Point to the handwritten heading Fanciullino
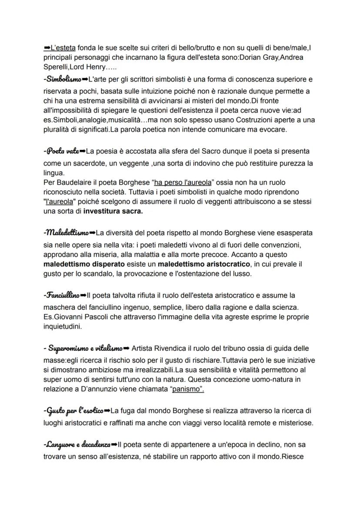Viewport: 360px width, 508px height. click(62, 296)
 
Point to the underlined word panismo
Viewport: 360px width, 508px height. click(188, 390)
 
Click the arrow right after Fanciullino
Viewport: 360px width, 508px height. click(83, 296)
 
